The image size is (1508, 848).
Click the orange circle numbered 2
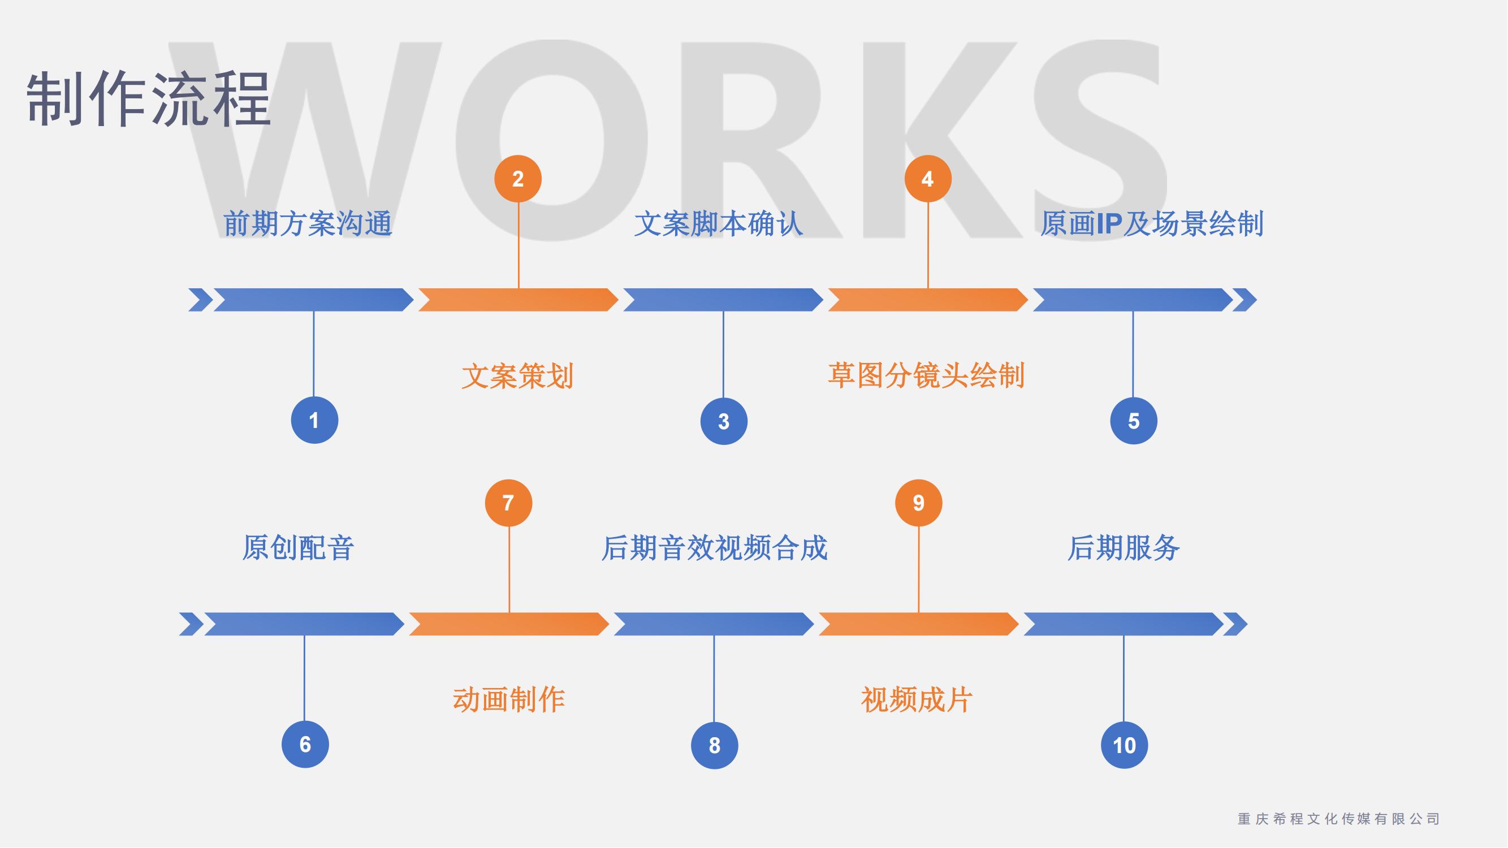point(517,179)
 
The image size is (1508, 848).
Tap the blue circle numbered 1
point(314,420)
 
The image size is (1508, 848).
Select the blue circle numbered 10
point(1124,745)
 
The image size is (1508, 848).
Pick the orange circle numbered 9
point(918,503)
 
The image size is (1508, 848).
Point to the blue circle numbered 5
point(1133,421)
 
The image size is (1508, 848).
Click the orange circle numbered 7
point(509,503)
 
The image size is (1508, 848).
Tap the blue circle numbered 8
point(714,745)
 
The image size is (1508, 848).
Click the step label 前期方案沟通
point(308,224)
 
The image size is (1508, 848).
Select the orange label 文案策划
point(517,376)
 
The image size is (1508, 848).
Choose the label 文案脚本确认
point(718,224)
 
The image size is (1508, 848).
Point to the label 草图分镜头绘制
point(926,376)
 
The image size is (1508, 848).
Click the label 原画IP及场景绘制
point(1151,224)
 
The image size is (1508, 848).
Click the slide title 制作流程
point(148,98)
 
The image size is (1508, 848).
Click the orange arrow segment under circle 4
point(928,300)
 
